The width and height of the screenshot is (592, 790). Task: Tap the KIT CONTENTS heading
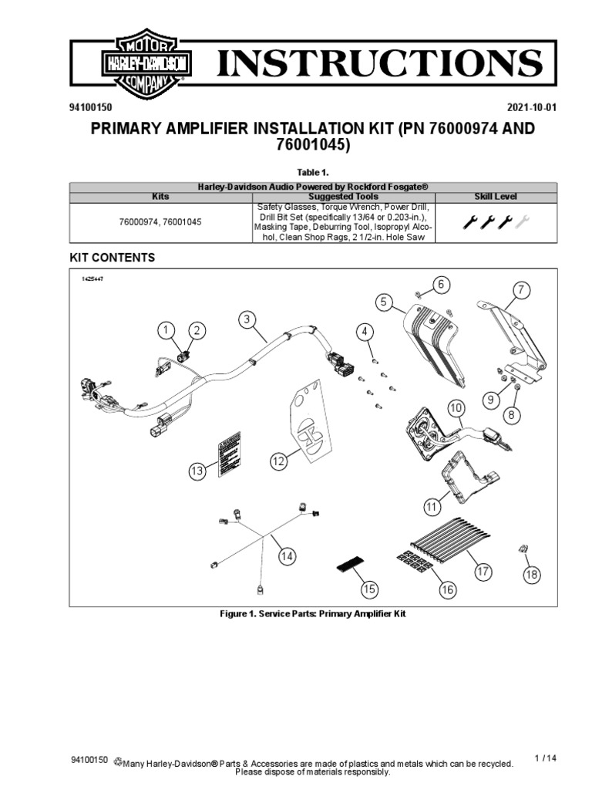click(x=113, y=258)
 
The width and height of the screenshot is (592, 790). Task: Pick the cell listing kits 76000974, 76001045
click(x=160, y=222)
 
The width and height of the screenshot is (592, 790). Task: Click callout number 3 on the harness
click(x=246, y=319)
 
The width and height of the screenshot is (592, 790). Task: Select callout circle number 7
click(x=521, y=291)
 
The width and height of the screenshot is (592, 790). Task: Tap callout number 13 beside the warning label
click(x=198, y=470)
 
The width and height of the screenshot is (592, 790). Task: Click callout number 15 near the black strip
click(x=370, y=589)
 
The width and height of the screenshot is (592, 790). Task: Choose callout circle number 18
click(x=532, y=575)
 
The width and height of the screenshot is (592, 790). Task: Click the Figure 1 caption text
click(x=313, y=614)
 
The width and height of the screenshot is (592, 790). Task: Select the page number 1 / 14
click(x=545, y=759)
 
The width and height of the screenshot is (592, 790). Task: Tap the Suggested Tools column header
click(x=343, y=197)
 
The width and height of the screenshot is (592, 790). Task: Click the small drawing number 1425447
click(x=92, y=279)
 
